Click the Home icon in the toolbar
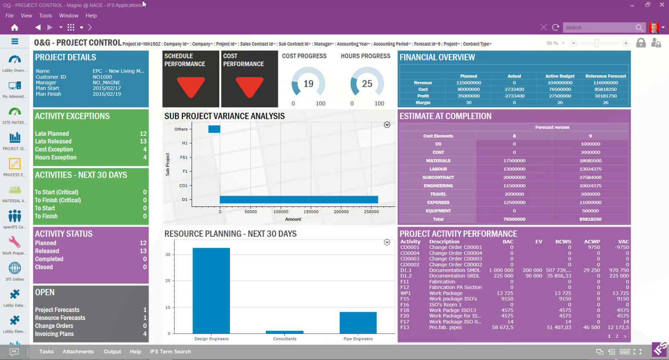tap(14, 27)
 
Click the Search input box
tap(599, 27)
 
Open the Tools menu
tap(45, 16)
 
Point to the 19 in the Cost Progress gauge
tap(308, 84)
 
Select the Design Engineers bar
tap(211, 290)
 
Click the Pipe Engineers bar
tap(358, 323)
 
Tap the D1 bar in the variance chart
tap(298, 199)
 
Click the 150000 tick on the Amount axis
tap(311, 212)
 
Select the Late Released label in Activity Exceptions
tap(53, 141)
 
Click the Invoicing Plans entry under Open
tap(54, 334)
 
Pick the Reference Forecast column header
tap(605, 76)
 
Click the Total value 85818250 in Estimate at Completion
tap(590, 219)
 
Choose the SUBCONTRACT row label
tap(438, 178)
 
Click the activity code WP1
tap(405, 293)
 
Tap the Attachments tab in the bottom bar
tap(78, 352)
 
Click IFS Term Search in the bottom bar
tap(170, 352)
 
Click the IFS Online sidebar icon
tap(15, 269)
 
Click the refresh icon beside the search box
tap(555, 27)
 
